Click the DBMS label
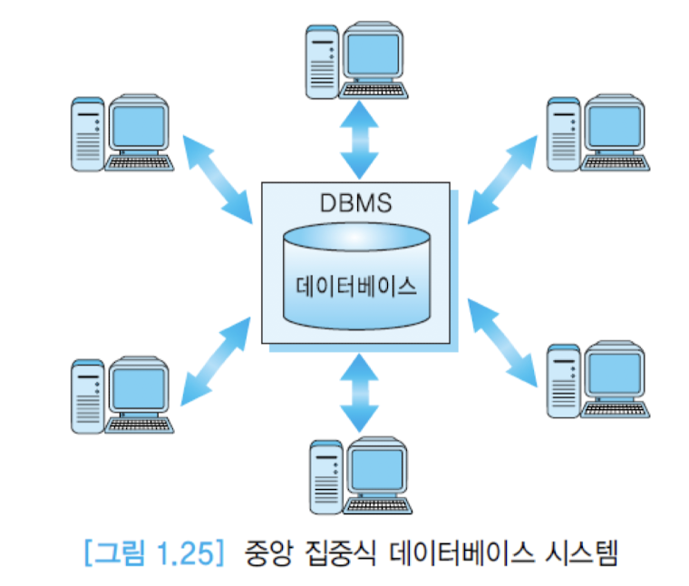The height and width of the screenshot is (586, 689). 355,202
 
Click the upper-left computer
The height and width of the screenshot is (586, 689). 121,133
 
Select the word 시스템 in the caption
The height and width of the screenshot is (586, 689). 578,551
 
